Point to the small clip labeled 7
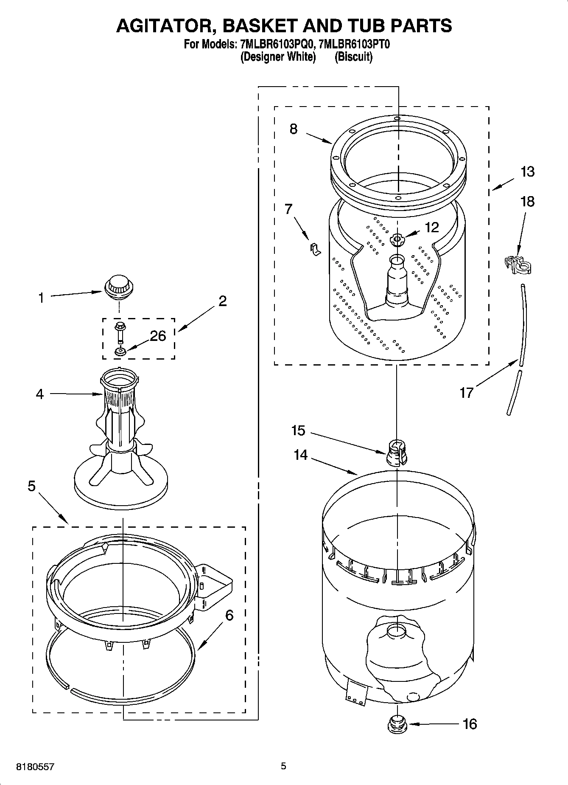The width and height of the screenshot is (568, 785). [x=314, y=250]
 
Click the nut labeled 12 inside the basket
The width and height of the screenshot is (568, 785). [x=397, y=240]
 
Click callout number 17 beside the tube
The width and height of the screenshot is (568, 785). [x=466, y=393]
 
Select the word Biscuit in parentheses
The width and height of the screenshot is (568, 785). [x=353, y=56]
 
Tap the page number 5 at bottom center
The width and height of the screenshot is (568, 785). [x=283, y=766]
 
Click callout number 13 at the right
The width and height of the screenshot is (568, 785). [x=527, y=172]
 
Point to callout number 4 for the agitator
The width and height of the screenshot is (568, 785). [x=39, y=394]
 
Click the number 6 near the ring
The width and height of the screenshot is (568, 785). [x=229, y=615]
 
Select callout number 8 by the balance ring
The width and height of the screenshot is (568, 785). [x=294, y=129]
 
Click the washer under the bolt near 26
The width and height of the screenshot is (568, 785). [x=119, y=352]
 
